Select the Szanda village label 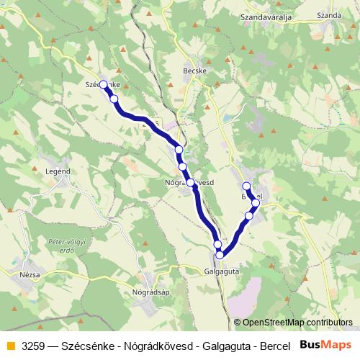click(328, 14)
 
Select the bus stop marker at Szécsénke click(104, 85)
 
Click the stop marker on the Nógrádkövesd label click(191, 182)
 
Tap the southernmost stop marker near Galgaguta click(220, 254)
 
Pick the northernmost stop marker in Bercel click(246, 186)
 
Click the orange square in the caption click(9, 345)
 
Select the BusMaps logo click(326, 344)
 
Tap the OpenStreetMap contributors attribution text click(293, 323)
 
